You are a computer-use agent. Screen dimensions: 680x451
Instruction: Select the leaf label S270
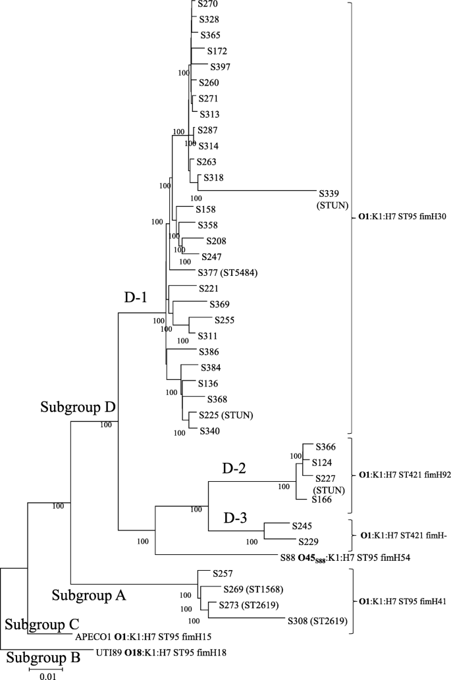209,4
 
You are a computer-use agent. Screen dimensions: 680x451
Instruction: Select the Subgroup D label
76,407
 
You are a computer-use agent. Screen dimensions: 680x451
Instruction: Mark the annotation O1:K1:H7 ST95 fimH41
402,601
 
